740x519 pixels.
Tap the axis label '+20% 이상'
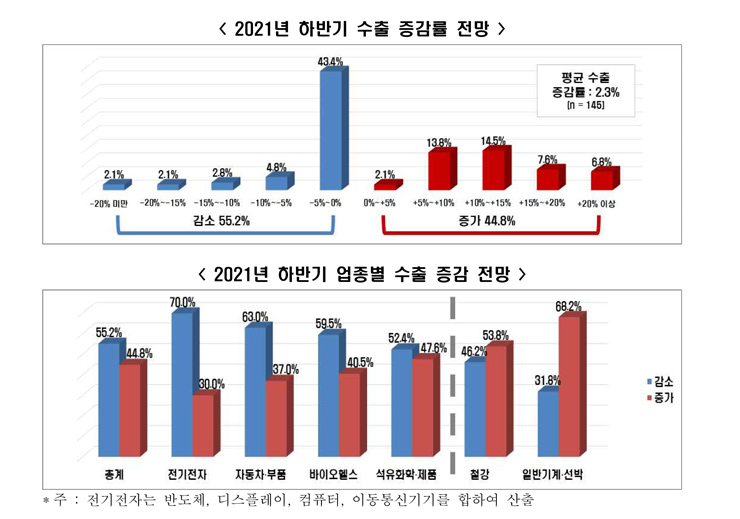(x=599, y=203)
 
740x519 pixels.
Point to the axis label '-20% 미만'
(x=114, y=203)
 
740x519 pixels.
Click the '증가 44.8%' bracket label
(x=491, y=221)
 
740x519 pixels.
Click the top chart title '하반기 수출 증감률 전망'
(x=369, y=29)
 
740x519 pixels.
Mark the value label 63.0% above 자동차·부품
(x=254, y=317)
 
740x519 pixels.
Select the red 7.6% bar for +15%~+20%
(x=548, y=178)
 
